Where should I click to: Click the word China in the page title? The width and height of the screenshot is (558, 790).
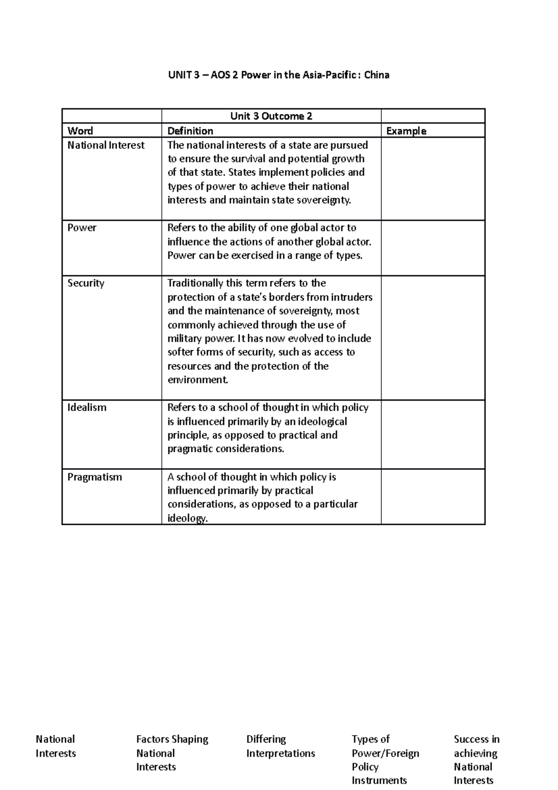pyautogui.click(x=377, y=75)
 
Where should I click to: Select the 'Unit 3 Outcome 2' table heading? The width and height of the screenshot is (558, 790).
pyautogui.click(x=271, y=116)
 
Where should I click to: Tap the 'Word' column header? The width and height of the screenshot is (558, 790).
pyautogui.click(x=80, y=131)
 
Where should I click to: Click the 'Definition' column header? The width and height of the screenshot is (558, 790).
pyautogui.click(x=190, y=131)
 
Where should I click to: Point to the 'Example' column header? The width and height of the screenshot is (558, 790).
pyautogui.click(x=406, y=131)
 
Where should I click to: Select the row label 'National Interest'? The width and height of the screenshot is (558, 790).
pyautogui.click(x=106, y=145)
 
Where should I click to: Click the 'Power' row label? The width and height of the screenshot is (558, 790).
pyautogui.click(x=82, y=228)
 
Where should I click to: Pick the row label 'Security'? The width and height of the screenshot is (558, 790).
pyautogui.click(x=86, y=283)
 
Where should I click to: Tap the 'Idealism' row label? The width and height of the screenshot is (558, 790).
pyautogui.click(x=87, y=407)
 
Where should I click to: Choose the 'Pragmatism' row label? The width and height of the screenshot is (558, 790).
pyautogui.click(x=94, y=477)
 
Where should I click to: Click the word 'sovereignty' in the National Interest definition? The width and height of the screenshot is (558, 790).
pyautogui.click(x=325, y=200)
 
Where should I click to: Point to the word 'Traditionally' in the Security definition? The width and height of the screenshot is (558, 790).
pyautogui.click(x=195, y=283)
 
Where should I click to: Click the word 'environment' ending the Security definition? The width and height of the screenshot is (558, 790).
pyautogui.click(x=197, y=380)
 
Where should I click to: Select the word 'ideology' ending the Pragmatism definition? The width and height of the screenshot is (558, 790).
pyautogui.click(x=186, y=518)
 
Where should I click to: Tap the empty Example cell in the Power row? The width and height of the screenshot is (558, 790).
pyautogui.click(x=432, y=248)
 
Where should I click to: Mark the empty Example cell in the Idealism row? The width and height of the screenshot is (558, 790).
pyautogui.click(x=432, y=434)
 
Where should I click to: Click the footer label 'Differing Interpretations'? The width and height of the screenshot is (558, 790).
pyautogui.click(x=280, y=746)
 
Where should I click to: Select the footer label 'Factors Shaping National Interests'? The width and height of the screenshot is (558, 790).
pyautogui.click(x=172, y=753)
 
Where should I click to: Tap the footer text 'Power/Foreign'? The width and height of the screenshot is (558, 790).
pyautogui.click(x=385, y=753)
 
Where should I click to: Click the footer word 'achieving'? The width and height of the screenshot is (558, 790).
pyautogui.click(x=475, y=753)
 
